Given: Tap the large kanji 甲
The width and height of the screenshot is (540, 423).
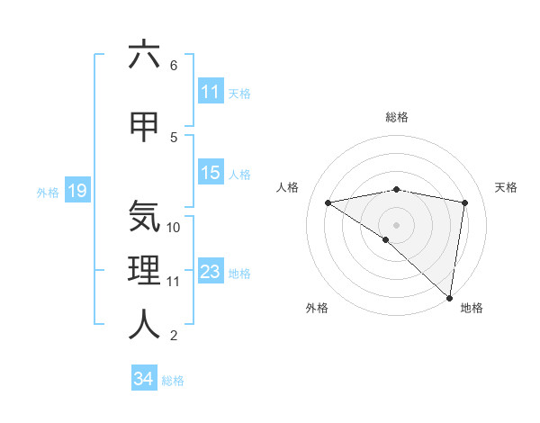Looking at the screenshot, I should tap(144, 127).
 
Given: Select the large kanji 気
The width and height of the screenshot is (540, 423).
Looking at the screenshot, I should tap(144, 217).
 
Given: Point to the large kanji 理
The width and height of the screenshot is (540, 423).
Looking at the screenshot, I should tap(144, 271).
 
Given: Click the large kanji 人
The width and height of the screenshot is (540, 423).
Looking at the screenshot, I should tap(144, 325).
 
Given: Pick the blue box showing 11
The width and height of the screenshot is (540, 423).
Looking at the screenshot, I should tap(211, 92).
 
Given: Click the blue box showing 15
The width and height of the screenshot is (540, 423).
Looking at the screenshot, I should tap(211, 173).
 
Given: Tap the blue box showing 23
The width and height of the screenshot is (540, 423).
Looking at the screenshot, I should tap(211, 272).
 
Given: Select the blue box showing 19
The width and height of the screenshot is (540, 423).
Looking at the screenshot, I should tap(76, 191).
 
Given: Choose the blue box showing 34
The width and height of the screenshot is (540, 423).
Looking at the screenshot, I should tap(143, 379).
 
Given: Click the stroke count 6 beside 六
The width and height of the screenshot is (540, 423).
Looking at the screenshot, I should tap(174, 66).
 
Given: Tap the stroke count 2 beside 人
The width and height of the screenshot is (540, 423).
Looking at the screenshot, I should tap(174, 336).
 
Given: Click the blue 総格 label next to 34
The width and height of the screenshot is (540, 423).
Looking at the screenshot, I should tap(173, 381).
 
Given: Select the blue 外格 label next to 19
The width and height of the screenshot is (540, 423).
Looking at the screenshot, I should tap(47, 192).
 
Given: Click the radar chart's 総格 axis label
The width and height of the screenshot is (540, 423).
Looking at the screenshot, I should tap(396, 118).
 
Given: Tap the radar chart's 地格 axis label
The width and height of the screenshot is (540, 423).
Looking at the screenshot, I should tap(472, 308).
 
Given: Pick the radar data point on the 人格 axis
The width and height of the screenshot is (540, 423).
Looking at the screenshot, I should tap(328, 202).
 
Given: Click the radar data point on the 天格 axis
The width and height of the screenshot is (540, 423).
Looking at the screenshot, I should tap(464, 202).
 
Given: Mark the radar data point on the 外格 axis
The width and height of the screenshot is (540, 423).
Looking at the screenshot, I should tap(386, 239).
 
